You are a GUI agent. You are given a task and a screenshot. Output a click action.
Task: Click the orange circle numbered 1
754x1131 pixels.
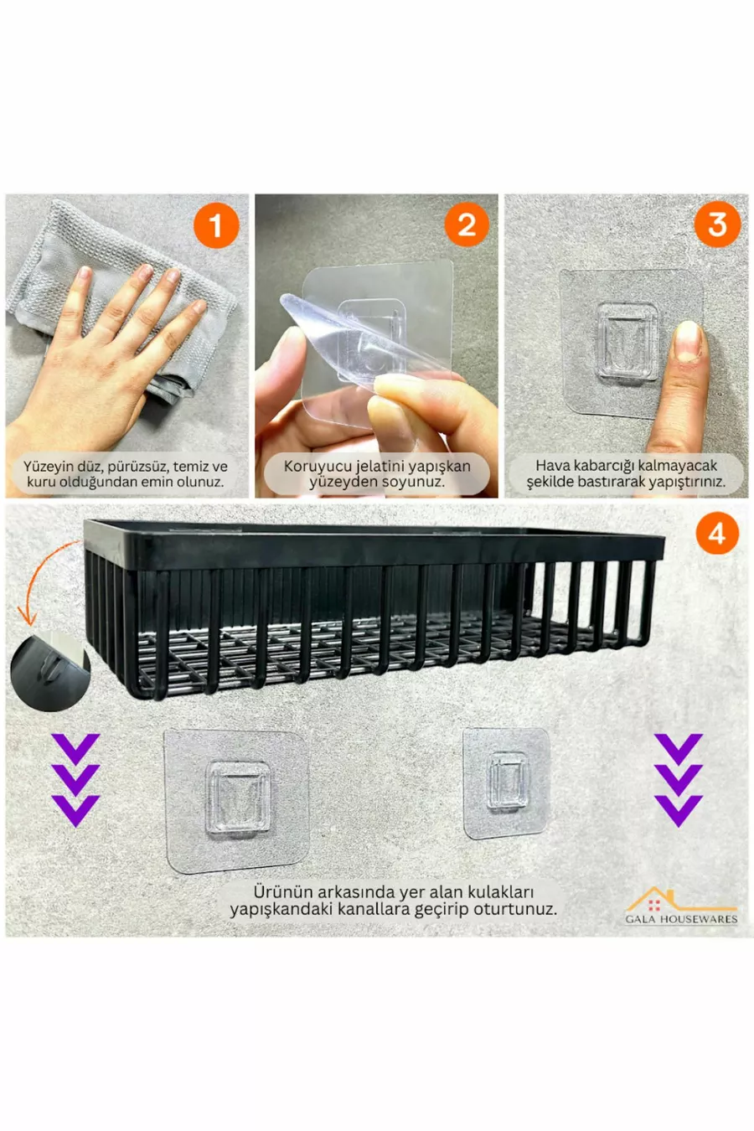(216, 225)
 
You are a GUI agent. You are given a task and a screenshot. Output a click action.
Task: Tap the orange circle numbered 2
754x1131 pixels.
(467, 225)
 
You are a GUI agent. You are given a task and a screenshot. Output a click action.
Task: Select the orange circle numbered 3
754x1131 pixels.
(717, 225)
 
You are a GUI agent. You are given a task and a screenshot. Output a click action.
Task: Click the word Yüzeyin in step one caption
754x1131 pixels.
(48, 466)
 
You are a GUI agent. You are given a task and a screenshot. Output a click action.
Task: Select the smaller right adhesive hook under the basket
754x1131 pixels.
(505, 783)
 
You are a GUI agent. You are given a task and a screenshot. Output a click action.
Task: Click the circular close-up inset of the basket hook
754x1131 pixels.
(50, 670)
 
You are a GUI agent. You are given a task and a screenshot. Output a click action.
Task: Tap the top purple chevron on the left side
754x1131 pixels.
(76, 749)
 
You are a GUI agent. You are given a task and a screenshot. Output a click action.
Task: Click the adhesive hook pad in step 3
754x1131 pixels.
(632, 344)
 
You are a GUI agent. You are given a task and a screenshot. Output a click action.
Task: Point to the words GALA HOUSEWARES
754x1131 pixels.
(681, 919)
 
